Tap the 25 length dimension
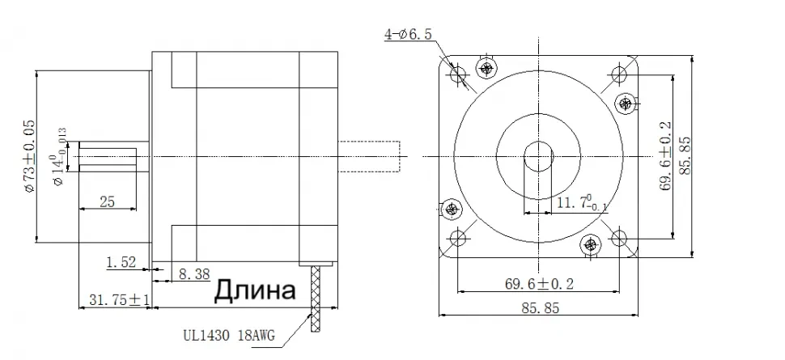[x=107, y=202]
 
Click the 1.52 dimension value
[x=121, y=261]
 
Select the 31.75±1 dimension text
[x=114, y=300]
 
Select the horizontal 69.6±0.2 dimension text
[x=539, y=284]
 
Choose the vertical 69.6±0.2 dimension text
[x=665, y=155]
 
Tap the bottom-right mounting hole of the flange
[x=621, y=237]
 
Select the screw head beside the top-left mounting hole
[x=486, y=67]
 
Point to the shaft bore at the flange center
[x=539, y=155]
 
